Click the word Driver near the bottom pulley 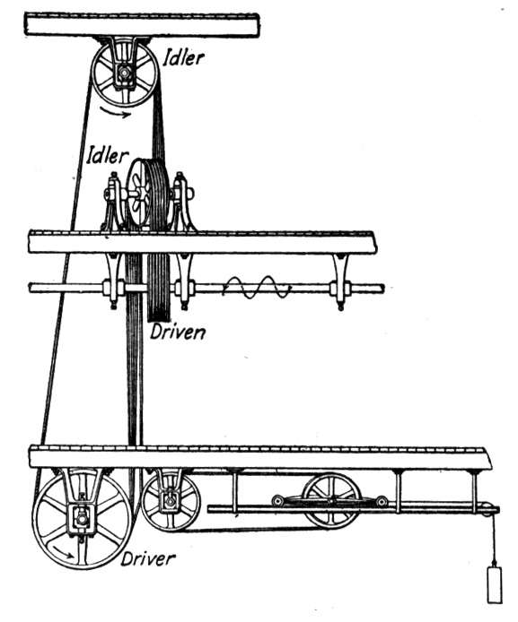click(148, 558)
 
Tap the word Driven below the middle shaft click(178, 332)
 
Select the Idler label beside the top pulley click(183, 57)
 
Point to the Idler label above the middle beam click(108, 155)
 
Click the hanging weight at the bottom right click(494, 585)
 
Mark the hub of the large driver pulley click(82, 518)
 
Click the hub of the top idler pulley click(125, 73)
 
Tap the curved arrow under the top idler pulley click(115, 112)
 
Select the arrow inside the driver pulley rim click(63, 552)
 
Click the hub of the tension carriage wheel click(331, 501)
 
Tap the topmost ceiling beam click(142, 25)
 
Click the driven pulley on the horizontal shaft click(159, 287)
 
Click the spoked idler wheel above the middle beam click(138, 194)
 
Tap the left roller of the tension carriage click(277, 500)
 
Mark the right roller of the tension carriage click(382, 501)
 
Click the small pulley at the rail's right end click(487, 509)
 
